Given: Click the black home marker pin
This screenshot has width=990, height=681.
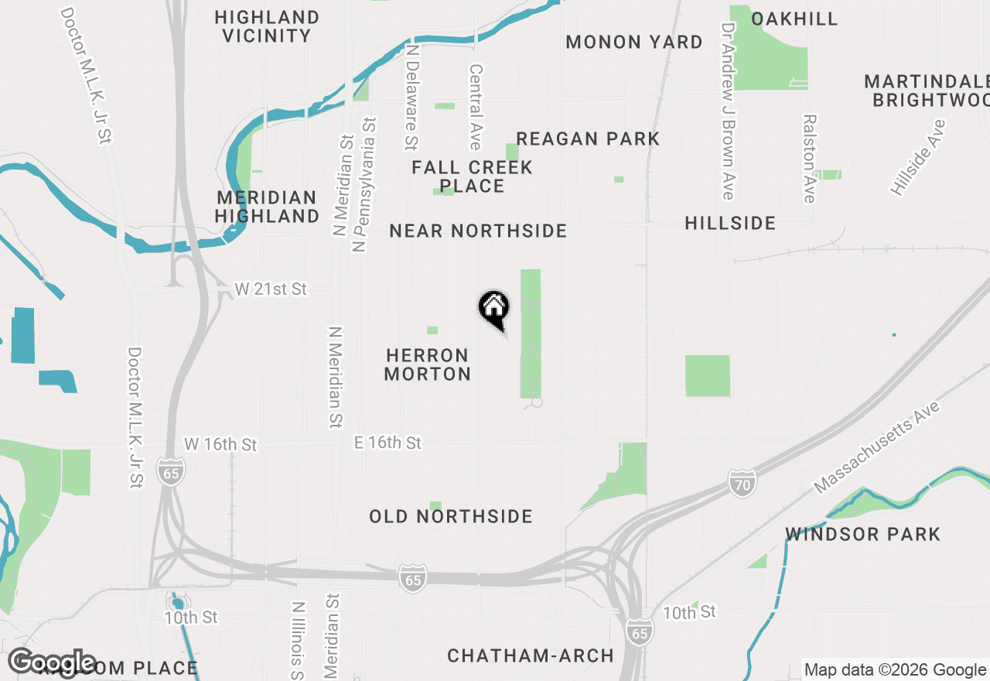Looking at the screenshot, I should pos(493,309).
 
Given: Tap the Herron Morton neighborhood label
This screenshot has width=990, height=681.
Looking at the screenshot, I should pos(428,364).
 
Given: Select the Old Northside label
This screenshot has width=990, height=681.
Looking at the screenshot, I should pos(451,516).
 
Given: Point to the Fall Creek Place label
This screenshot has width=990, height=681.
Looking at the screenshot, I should pos(472,176).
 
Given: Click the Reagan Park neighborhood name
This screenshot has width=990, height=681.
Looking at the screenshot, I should pos(588,139).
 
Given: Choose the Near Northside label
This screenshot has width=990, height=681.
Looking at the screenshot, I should pos(478,231).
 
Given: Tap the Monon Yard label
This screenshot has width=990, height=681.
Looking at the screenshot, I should pos(634,42).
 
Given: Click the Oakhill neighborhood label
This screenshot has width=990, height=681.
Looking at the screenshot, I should pos(794,19).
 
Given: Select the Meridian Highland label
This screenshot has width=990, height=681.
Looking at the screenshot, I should pos(267,207).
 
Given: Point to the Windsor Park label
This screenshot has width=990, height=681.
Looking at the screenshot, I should pos(862,534).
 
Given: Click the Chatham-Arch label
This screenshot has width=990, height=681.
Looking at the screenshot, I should pos(531,656).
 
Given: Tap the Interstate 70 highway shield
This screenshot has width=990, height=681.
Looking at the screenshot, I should pos(741,484).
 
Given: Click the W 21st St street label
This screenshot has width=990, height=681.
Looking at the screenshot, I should pos(271,289).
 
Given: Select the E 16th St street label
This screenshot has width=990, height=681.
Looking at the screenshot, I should pos(387,443).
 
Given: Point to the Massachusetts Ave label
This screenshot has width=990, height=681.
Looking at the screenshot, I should pos(877,447).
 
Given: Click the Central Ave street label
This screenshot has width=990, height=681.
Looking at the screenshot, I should pos(475,107).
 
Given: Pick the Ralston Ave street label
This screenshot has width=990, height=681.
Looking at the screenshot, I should pos(809,159).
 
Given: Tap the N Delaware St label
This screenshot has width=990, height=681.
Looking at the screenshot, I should pos(411,97).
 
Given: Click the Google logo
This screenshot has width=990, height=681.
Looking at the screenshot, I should pos(52,663).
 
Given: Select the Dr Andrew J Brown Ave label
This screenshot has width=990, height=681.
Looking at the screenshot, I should pos(727,111).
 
